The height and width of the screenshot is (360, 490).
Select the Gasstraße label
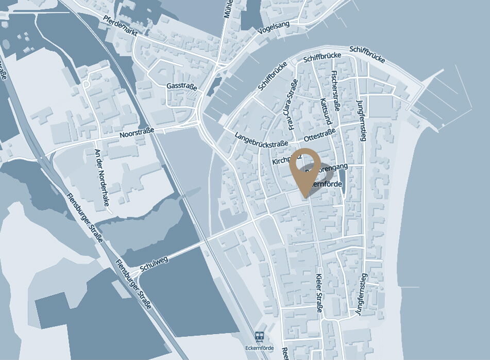click(182, 87)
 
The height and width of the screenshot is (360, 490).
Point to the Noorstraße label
click(137, 134)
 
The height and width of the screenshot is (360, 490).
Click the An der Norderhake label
click(102, 177)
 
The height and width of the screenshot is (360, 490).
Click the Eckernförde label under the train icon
click(260, 347)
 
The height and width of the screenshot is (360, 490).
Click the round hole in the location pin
click(308, 163)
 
